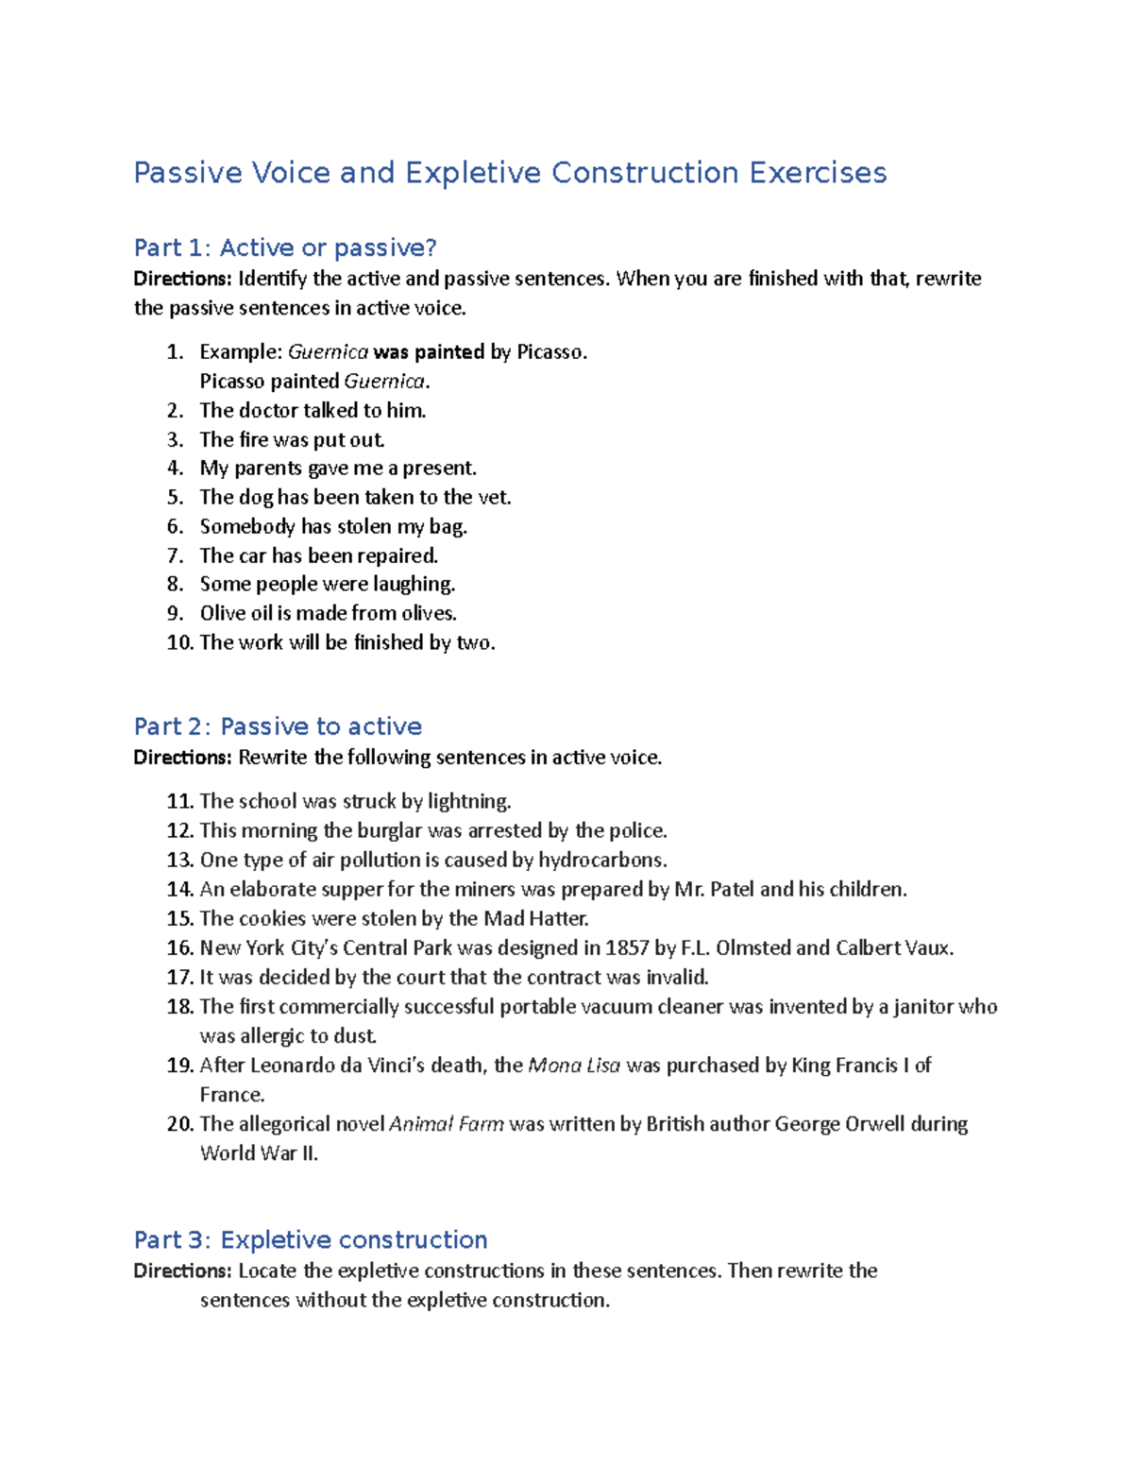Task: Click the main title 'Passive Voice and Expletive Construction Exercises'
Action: coord(510,173)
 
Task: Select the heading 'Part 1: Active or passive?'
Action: coord(285,247)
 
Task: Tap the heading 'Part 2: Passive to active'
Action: coord(278,725)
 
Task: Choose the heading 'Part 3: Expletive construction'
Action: coord(311,1239)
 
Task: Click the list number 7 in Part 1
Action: coord(175,555)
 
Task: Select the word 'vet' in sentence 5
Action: coord(493,497)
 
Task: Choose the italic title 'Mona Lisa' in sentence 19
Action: coord(574,1065)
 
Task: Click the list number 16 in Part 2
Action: coord(179,947)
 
